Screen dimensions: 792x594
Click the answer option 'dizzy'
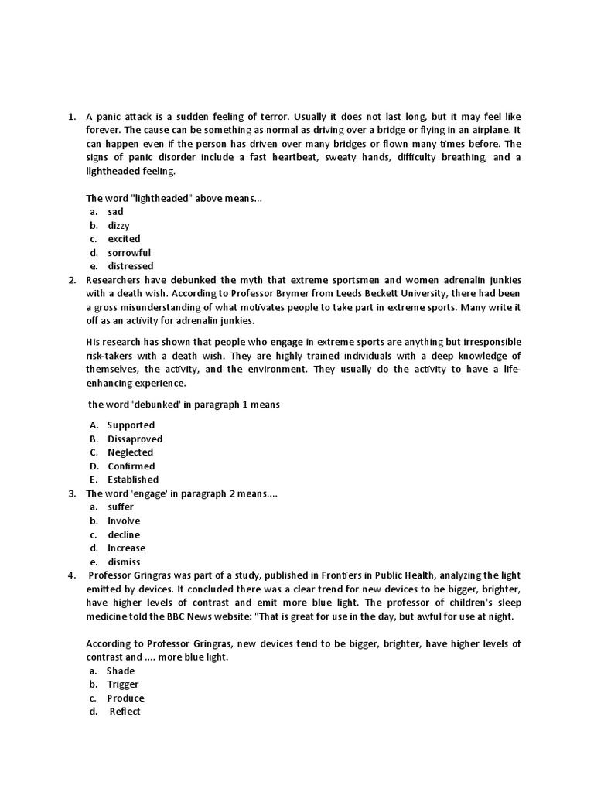pos(118,225)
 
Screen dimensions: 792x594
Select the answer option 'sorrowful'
pos(129,253)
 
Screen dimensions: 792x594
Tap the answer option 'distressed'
pos(130,267)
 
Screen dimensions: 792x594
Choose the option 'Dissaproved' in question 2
pos(135,439)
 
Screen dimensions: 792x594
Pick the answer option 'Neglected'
pos(130,452)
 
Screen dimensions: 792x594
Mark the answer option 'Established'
pos(133,480)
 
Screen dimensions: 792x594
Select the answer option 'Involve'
pos(124,521)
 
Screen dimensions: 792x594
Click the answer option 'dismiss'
pos(124,562)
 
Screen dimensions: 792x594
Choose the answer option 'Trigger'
pos(123,684)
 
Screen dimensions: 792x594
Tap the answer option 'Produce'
pos(125,698)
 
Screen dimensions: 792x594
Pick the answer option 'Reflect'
pos(125,712)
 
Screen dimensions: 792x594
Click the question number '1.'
pos(71,117)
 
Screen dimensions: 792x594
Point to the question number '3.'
pos(71,493)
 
